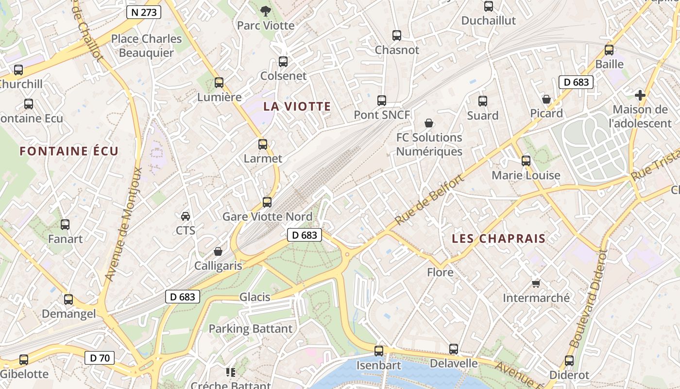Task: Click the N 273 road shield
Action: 144,13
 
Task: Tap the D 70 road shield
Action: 100,358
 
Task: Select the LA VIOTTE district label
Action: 297,106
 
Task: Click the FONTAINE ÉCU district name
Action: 69,151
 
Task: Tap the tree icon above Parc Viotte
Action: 265,10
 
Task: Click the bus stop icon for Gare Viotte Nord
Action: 267,202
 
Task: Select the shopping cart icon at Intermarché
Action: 536,283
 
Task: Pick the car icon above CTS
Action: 185,216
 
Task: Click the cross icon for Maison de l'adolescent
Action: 640,95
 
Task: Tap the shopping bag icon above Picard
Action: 546,99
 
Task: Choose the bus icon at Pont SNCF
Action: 382,101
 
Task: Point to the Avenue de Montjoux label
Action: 124,225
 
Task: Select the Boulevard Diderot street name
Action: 588,299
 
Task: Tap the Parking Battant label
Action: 251,329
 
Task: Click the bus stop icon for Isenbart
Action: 379,351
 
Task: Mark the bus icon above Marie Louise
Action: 526,161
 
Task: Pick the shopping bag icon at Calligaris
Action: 218,251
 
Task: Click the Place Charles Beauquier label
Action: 146,46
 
